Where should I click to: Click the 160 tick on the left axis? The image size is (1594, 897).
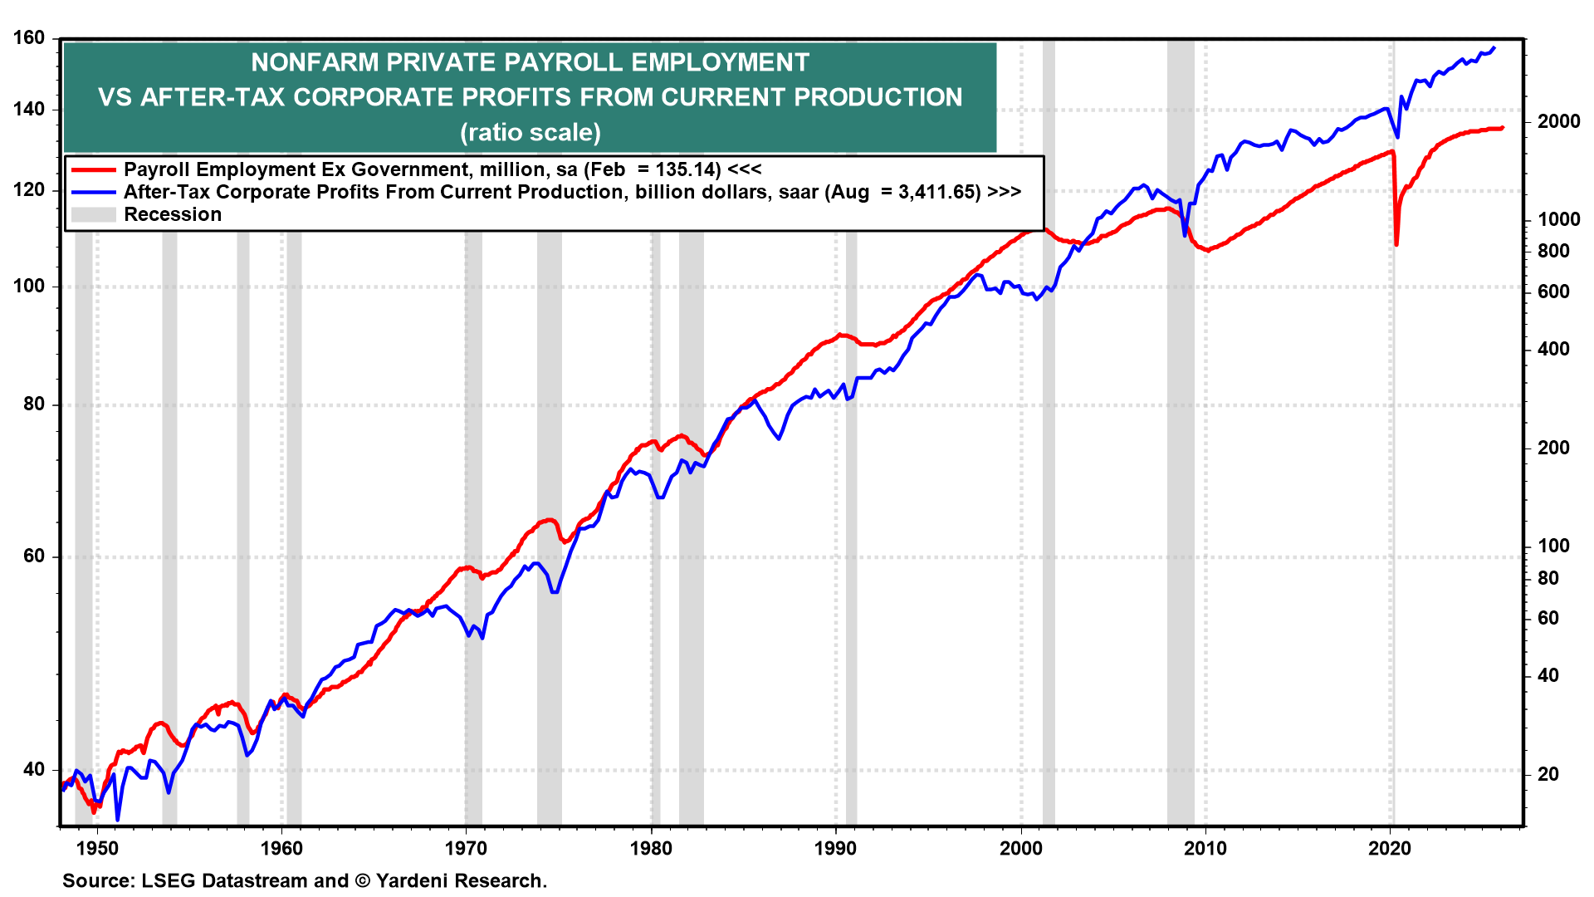click(x=29, y=38)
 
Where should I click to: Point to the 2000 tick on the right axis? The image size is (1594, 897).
click(x=1558, y=121)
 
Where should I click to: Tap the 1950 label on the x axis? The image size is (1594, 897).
click(x=97, y=848)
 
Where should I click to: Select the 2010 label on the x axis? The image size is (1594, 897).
click(x=1205, y=848)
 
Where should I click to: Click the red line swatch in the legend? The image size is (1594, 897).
click(x=93, y=169)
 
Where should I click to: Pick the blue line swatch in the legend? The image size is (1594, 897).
click(x=93, y=192)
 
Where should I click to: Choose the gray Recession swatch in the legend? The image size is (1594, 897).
click(x=93, y=214)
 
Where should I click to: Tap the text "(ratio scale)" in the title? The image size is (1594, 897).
click(x=531, y=132)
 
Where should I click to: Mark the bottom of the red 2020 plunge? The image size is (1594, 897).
click(x=1396, y=244)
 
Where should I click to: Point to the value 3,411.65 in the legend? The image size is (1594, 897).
click(x=939, y=192)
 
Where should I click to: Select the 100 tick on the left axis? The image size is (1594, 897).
click(x=29, y=286)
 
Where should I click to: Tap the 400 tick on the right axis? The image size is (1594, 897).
click(x=1553, y=349)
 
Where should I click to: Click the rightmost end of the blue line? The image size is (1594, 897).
click(x=1494, y=48)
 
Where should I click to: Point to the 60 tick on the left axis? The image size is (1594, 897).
click(x=34, y=556)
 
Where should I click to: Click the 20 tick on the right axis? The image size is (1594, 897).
click(x=1548, y=774)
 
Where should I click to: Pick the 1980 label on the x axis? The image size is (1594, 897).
click(x=651, y=848)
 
